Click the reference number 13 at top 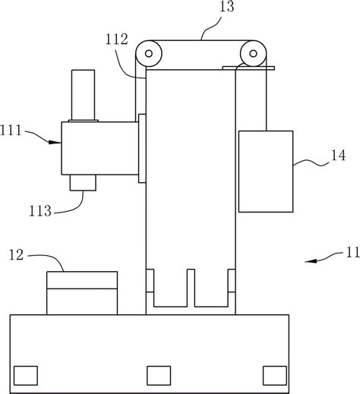[205, 9]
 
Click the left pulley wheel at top [149, 55]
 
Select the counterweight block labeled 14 [265, 171]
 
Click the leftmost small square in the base [25, 374]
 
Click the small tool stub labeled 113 [82, 183]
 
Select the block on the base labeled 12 [82, 292]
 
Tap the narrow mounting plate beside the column [142, 148]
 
